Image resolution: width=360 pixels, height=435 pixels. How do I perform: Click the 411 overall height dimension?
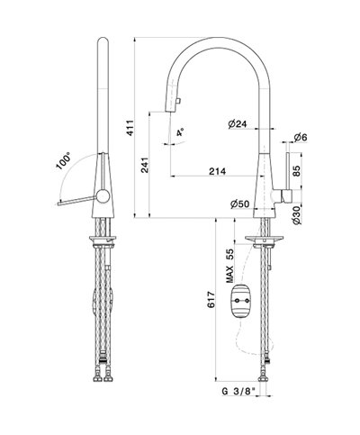pos(130,128)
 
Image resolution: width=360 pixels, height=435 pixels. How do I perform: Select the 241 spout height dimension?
pos(145,165)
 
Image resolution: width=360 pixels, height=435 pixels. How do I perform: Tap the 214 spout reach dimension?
pos(217,171)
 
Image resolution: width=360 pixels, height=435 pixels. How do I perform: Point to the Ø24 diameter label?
pos(237,123)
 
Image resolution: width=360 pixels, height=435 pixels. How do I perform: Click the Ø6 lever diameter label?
pos(301,138)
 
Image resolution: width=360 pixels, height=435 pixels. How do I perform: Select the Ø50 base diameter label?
pos(240,204)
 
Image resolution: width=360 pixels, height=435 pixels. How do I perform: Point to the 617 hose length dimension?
pos(211,299)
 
